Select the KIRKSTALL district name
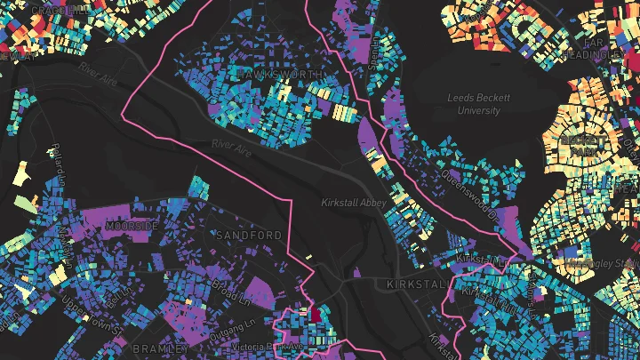[x=415, y=284]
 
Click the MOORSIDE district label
[x=131, y=227]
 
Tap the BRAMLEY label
[x=159, y=348]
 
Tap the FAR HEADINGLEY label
[x=602, y=49]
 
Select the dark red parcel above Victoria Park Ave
[x=314, y=313]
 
